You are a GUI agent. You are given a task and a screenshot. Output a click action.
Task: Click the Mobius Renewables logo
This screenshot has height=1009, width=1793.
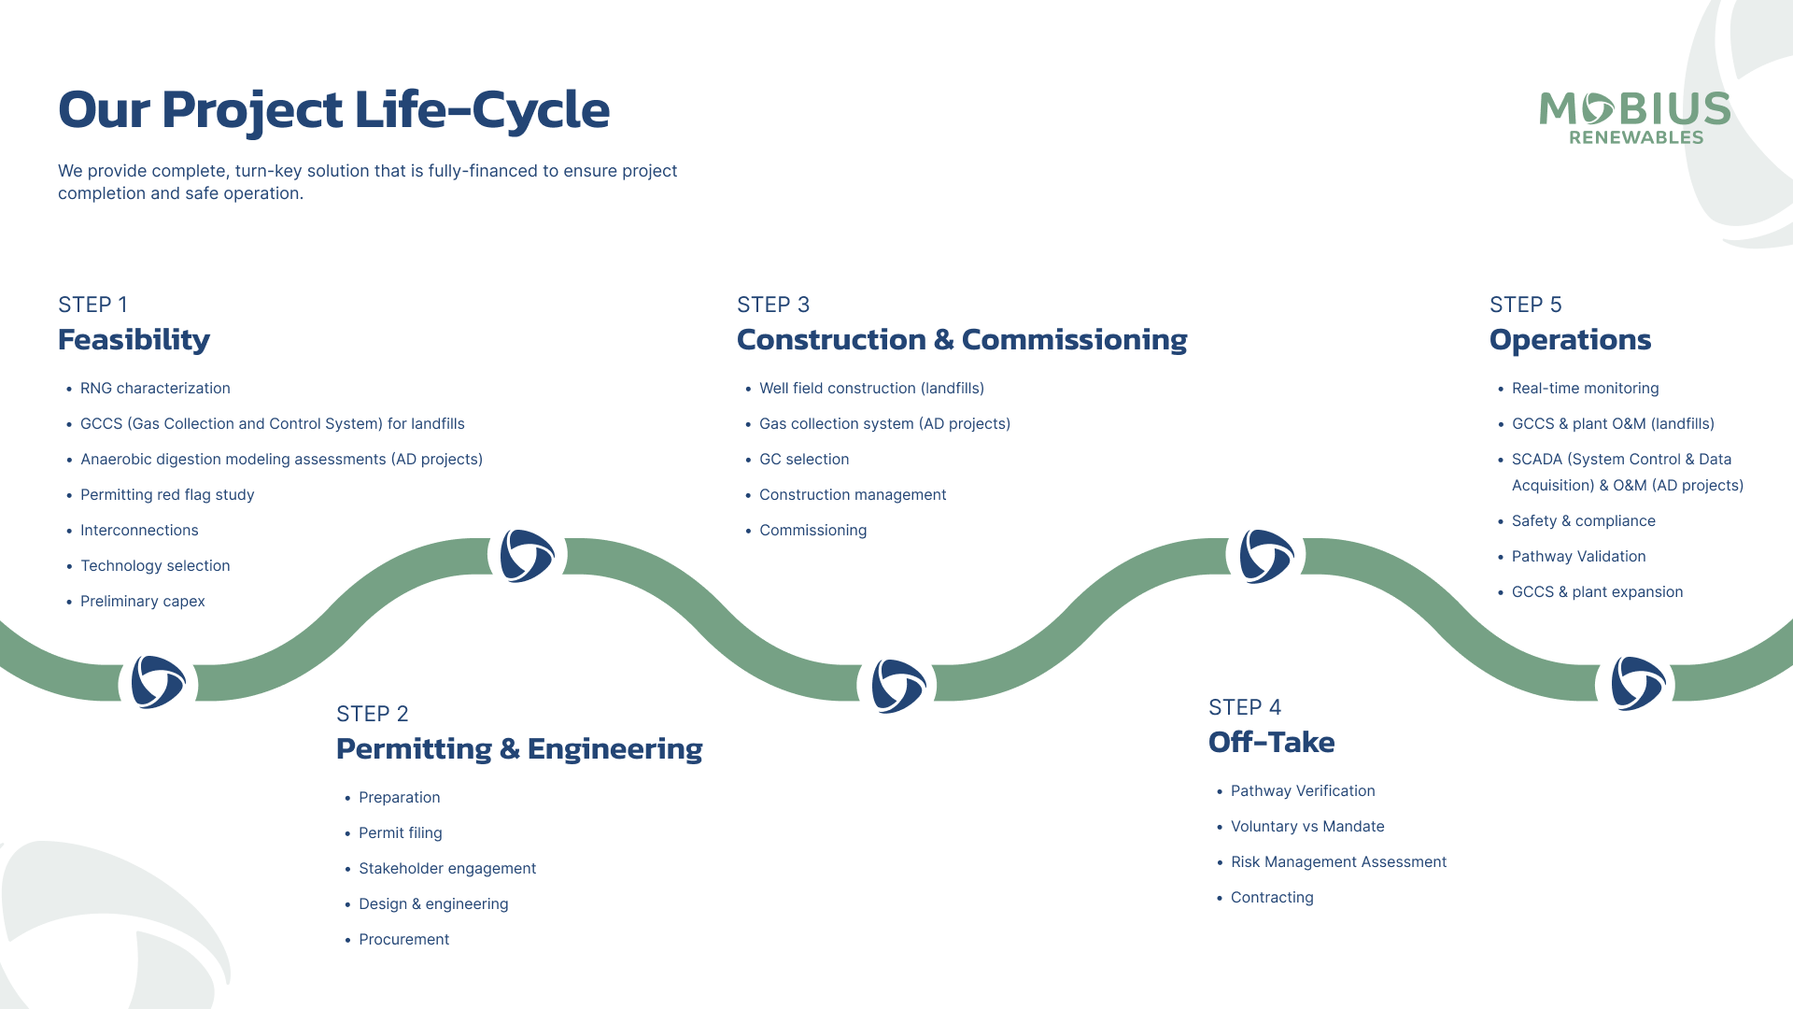click(1634, 118)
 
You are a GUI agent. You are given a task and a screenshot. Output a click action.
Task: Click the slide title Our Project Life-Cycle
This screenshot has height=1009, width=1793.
click(333, 109)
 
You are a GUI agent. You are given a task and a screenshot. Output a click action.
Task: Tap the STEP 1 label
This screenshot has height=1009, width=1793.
click(92, 305)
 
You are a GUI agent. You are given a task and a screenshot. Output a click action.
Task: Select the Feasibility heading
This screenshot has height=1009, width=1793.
click(134, 339)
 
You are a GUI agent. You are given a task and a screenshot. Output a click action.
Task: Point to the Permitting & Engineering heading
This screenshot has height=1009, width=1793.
click(518, 748)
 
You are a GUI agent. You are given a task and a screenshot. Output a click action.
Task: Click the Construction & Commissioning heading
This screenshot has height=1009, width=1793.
click(961, 339)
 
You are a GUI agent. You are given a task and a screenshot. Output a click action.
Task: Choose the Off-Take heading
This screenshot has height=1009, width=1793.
click(1271, 742)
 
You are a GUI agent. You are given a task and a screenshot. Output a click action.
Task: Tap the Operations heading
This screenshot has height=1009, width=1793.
click(1570, 339)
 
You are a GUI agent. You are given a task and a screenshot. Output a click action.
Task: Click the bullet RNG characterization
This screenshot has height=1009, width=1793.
click(155, 388)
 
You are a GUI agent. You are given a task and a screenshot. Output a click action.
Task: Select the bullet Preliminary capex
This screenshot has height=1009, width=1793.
click(142, 601)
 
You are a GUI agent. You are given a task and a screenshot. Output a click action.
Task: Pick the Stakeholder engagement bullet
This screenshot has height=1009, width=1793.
click(446, 868)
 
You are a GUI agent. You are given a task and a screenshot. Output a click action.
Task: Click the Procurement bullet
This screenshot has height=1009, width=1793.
click(403, 939)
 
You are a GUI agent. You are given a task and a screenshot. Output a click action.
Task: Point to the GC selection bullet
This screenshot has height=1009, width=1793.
click(803, 459)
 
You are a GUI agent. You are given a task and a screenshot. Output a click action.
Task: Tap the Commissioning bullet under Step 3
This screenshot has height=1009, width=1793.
click(812, 530)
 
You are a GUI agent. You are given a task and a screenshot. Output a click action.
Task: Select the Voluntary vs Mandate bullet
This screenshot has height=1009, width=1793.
click(1306, 826)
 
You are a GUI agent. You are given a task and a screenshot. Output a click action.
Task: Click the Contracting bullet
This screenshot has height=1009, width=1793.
click(1271, 897)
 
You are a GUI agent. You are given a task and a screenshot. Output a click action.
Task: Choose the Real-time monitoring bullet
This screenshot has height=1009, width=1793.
click(1585, 388)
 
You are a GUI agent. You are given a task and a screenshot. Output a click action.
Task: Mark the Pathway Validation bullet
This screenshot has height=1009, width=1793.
click(1578, 556)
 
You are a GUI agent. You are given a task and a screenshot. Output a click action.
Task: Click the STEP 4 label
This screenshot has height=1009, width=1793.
click(1244, 707)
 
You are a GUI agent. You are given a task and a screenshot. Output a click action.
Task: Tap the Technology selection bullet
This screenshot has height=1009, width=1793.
click(155, 565)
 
